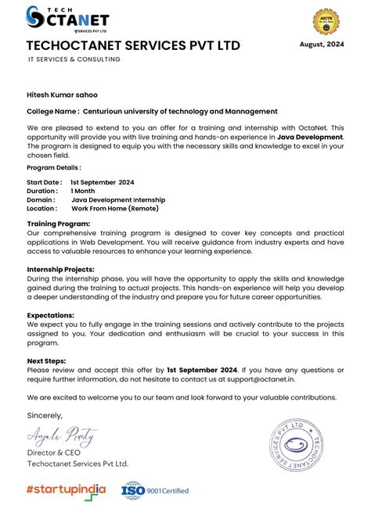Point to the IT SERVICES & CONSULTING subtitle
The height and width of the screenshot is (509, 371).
point(74,59)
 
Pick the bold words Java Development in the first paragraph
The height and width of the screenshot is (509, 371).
point(310,137)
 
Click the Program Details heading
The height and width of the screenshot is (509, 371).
point(53,167)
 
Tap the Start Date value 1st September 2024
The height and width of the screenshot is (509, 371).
point(102,182)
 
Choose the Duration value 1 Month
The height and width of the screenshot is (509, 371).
point(83,191)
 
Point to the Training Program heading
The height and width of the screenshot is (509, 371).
point(58,224)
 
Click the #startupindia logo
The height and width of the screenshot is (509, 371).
point(66,489)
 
